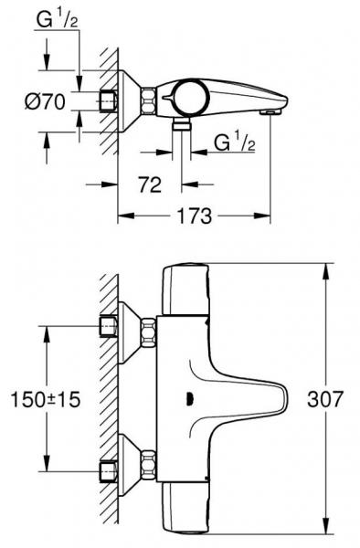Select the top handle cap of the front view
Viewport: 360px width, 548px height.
pyautogui.click(x=187, y=283)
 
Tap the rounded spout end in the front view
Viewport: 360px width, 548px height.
pyautogui.click(x=274, y=399)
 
